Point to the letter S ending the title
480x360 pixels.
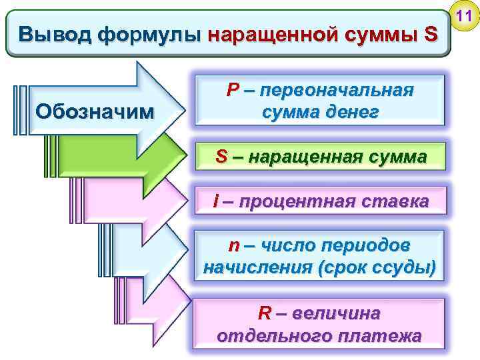coord(430,34)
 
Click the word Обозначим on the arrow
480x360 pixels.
coord(93,109)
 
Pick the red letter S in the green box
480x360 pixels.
coord(222,157)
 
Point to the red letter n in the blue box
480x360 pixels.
coord(233,246)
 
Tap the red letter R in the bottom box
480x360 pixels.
coord(264,313)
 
